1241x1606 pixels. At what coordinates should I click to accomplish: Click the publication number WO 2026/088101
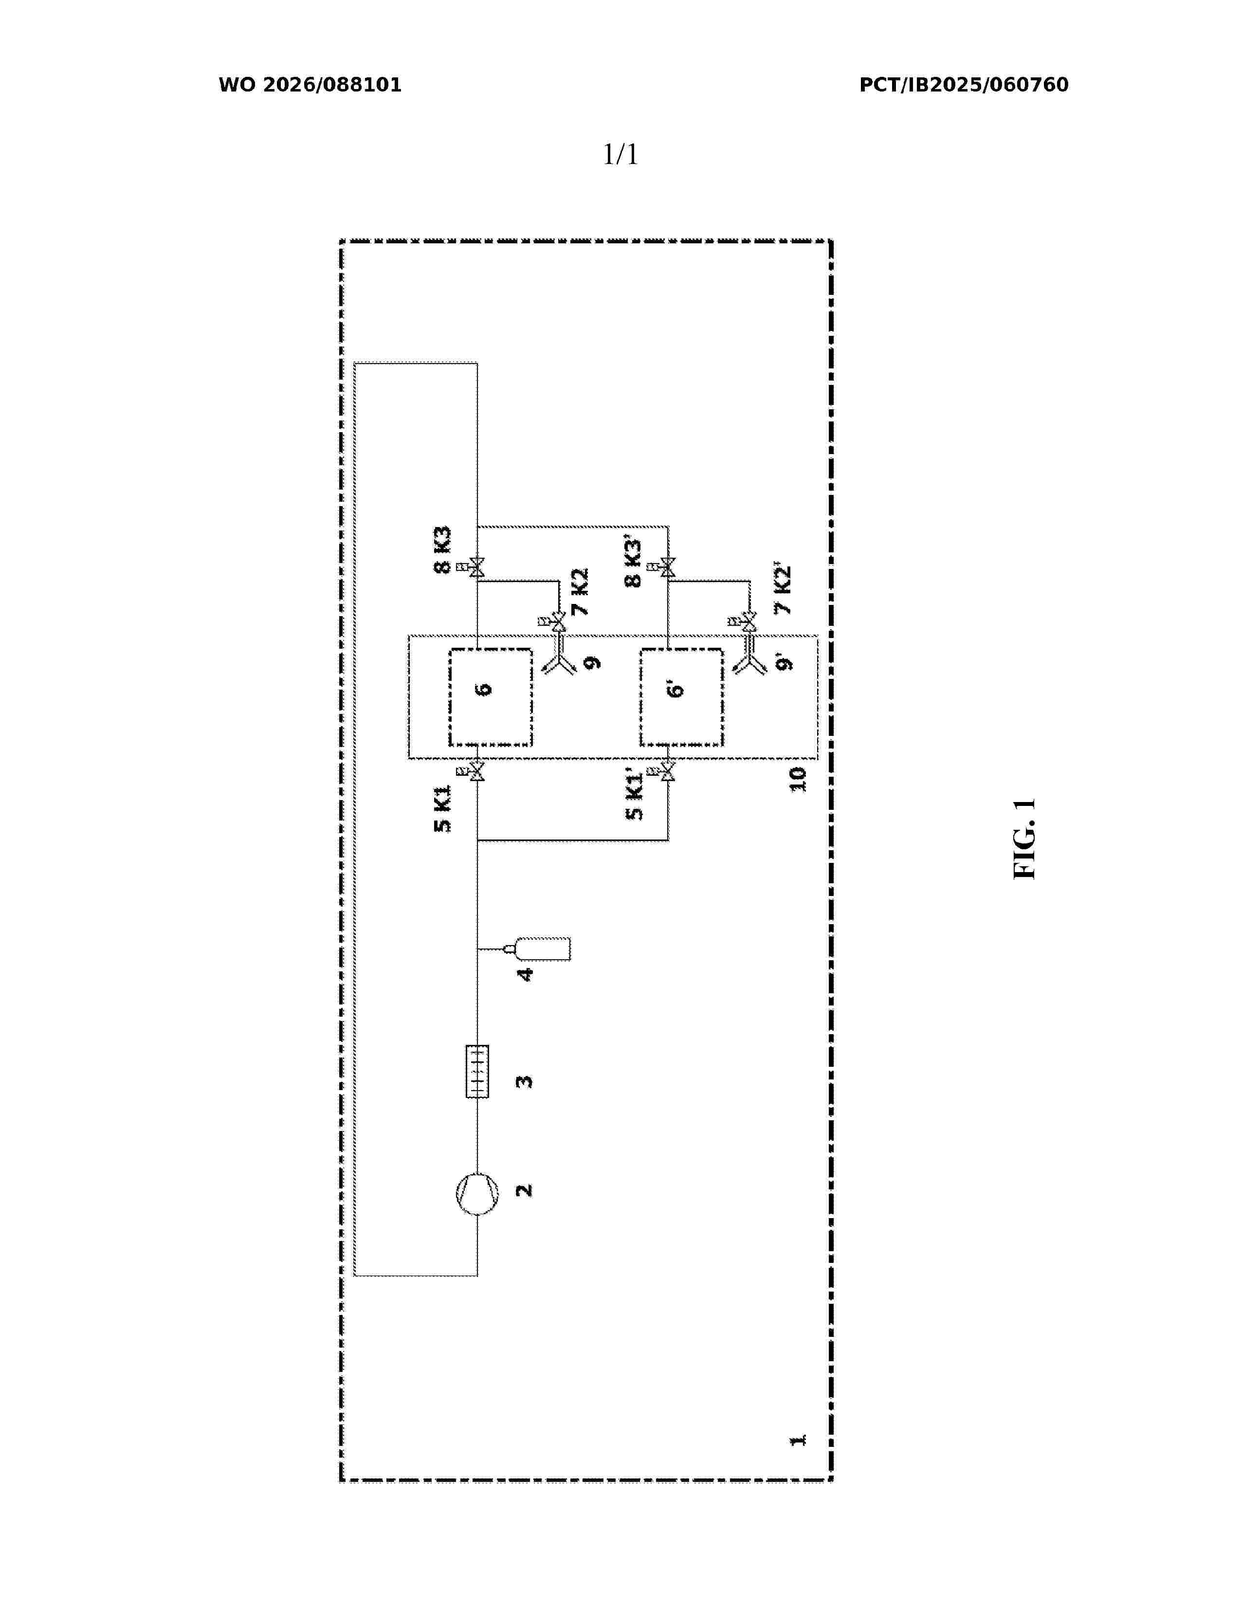310,85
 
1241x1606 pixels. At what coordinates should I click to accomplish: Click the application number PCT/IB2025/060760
964,85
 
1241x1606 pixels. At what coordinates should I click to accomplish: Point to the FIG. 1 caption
1024,839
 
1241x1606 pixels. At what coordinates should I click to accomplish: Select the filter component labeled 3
477,1072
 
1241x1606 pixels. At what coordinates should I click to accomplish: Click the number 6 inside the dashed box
483,689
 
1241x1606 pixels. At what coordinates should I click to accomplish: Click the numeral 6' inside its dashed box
675,689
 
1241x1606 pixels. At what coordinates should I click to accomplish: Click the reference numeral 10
798,780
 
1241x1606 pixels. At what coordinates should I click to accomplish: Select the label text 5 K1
442,809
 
